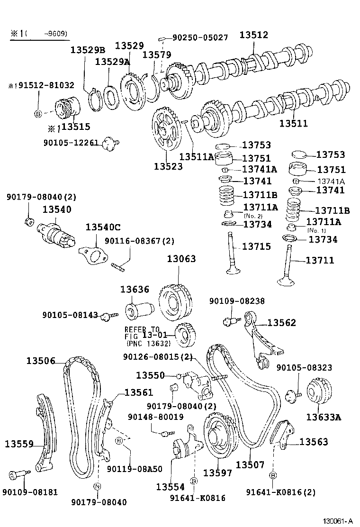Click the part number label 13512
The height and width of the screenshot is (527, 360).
click(x=253, y=35)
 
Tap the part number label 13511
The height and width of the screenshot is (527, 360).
click(x=293, y=124)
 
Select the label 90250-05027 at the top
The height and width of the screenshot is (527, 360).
click(x=200, y=37)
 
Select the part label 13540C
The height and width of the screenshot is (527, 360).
click(x=103, y=227)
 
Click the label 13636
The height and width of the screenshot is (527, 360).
click(x=134, y=289)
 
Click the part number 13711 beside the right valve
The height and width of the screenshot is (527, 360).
click(x=320, y=260)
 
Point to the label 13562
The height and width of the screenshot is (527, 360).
click(x=281, y=323)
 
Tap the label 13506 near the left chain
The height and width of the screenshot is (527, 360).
click(x=41, y=361)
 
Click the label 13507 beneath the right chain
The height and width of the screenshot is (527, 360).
click(x=250, y=465)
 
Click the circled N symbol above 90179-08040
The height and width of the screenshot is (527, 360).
click(x=97, y=486)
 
